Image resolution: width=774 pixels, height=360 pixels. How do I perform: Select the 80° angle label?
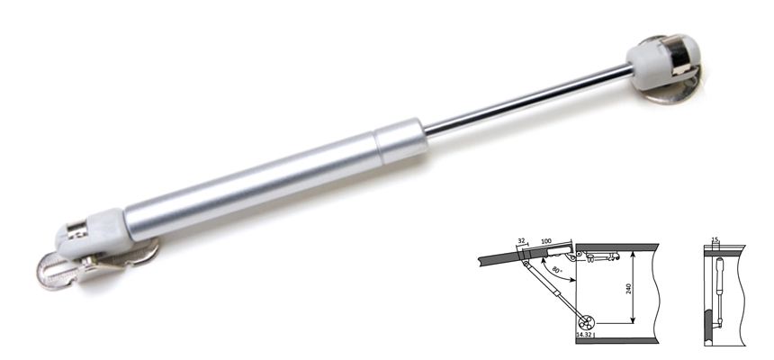559,270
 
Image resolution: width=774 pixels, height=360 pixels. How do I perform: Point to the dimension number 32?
522,241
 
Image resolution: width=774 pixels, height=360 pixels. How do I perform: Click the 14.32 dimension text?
585,334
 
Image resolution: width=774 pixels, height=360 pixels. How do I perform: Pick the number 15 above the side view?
715,241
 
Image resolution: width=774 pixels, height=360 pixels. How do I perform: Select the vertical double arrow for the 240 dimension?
633,288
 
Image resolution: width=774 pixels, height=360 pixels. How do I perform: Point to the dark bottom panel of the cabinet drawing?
621,340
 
